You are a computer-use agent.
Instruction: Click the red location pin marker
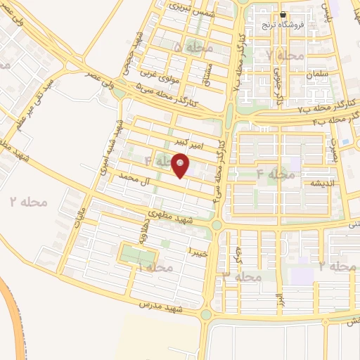(x=181, y=166)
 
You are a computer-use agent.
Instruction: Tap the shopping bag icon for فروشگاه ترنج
(x=283, y=14)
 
